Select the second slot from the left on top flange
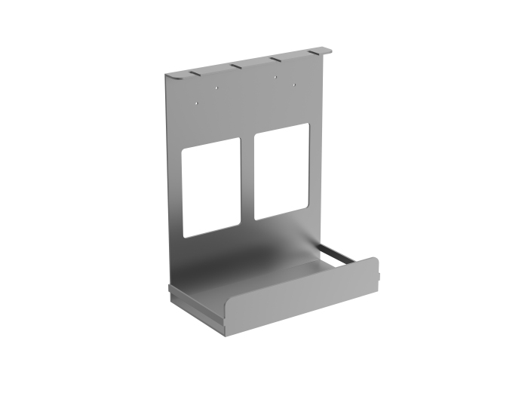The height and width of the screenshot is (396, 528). coord(236,66)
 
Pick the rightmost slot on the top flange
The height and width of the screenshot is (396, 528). coord(315,53)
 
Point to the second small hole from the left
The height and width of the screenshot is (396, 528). coord(216,88)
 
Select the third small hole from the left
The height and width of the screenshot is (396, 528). coord(276,78)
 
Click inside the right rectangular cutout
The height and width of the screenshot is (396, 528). coord(281,171)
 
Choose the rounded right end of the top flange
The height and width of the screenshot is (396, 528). coord(328,50)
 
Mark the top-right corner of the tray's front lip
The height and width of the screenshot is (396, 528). coord(375,260)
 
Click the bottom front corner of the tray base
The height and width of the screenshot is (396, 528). coord(225,330)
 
